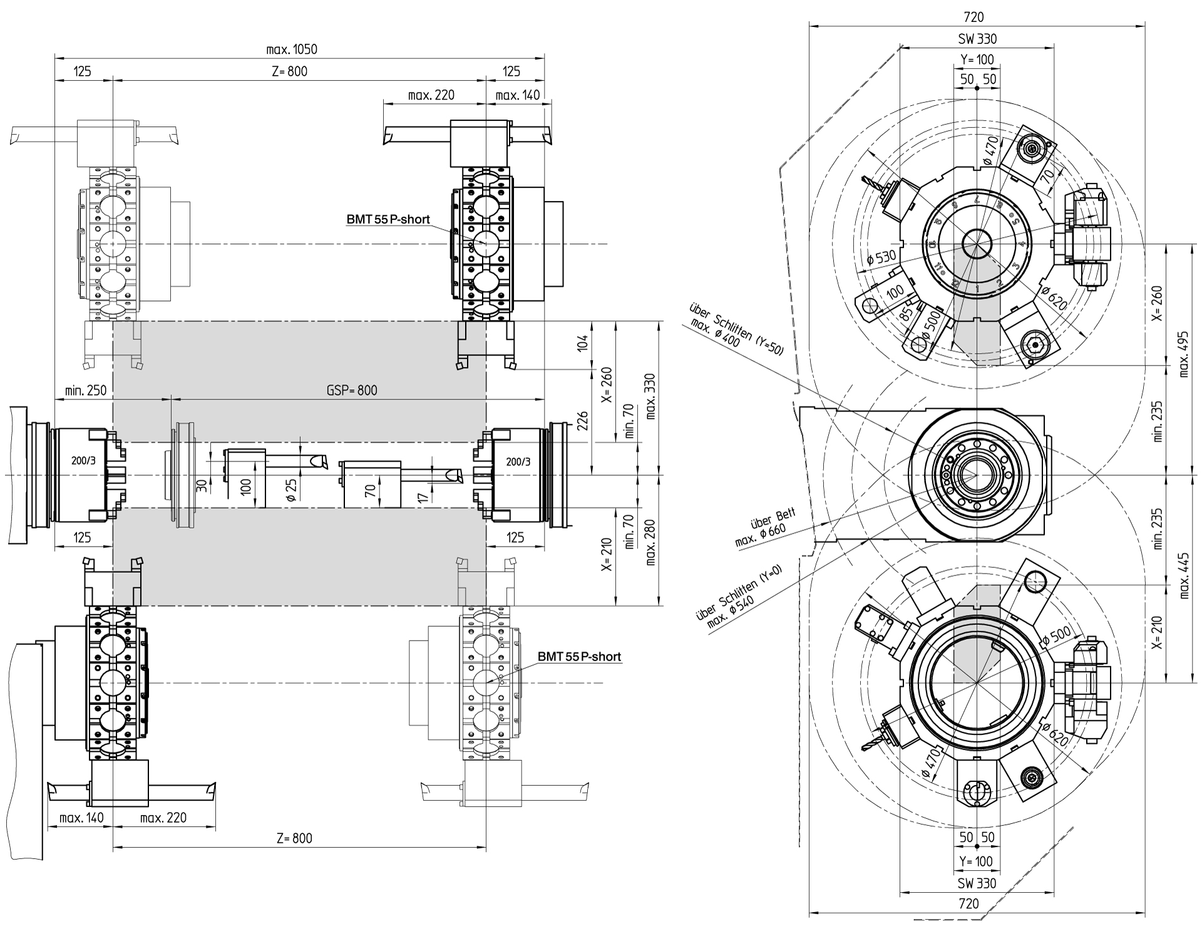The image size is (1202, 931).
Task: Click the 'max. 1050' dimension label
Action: coord(292,49)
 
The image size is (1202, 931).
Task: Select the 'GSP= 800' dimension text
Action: coord(352,391)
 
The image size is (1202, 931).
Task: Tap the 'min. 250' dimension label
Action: coord(85,391)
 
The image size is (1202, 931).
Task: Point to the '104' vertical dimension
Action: coord(583,343)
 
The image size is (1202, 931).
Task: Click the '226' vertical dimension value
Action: coord(583,421)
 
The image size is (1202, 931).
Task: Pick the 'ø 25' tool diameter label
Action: coord(290,489)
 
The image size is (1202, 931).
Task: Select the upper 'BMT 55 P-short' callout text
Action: coord(388,220)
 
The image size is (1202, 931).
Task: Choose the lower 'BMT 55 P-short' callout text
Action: coord(579,657)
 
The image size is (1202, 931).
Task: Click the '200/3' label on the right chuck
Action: coord(518,462)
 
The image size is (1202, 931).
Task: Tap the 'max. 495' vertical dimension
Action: coord(1183,354)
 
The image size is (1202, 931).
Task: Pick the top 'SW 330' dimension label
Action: coord(977,39)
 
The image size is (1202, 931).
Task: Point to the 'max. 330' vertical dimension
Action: coord(650,397)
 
